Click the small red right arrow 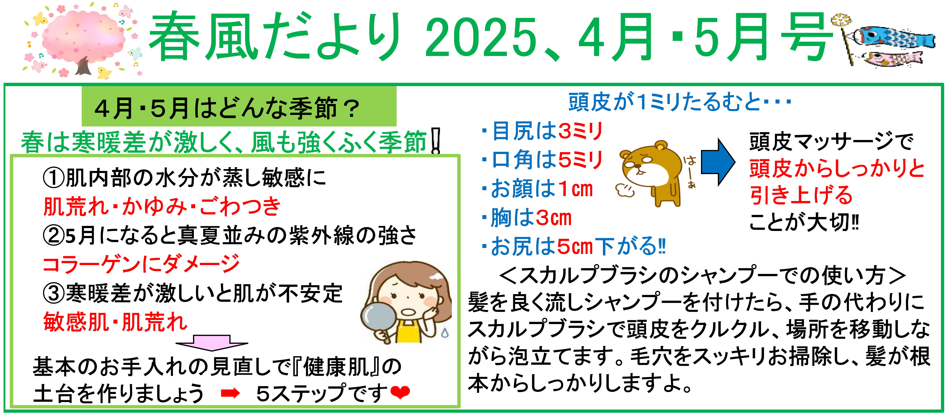click(230, 393)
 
